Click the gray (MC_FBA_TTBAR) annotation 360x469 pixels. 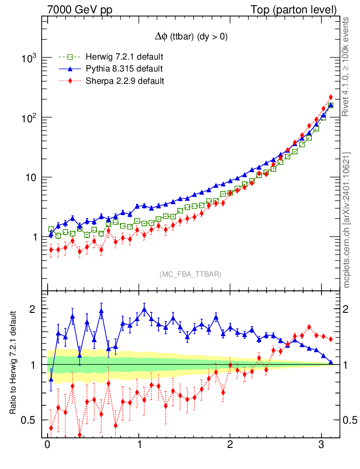[191, 274]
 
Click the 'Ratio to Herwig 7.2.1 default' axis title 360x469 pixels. [14, 363]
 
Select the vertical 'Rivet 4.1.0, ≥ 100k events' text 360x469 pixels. [347, 66]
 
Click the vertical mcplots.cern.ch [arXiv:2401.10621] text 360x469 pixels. [347, 220]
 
